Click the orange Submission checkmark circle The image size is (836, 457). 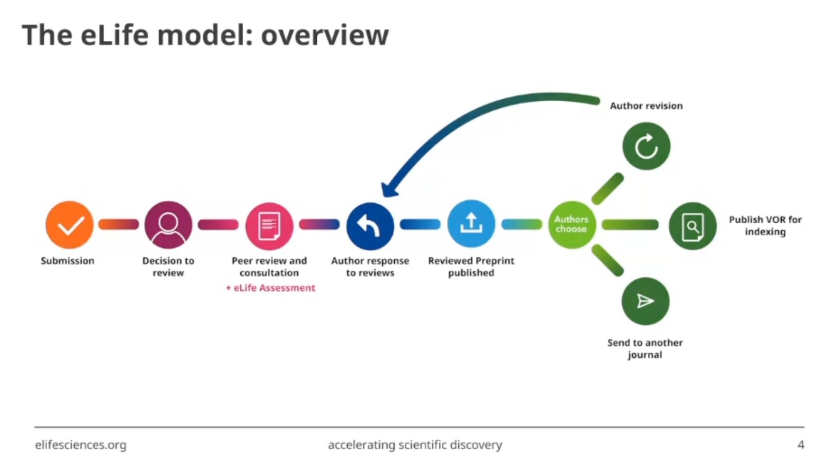click(x=69, y=225)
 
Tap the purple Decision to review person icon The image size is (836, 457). click(x=168, y=225)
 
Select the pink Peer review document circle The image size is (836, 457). click(x=269, y=226)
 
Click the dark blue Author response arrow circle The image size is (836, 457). click(x=370, y=226)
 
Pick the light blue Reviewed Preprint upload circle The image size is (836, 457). click(x=471, y=224)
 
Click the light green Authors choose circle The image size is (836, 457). click(x=571, y=224)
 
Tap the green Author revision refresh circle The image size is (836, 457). click(x=646, y=146)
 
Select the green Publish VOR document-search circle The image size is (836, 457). click(x=692, y=226)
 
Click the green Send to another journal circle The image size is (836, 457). click(x=645, y=301)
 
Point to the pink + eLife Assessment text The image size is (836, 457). click(x=271, y=288)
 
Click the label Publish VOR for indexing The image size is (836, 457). click(x=765, y=226)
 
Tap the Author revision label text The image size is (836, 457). click(x=646, y=106)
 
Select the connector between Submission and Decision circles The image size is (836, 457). click(x=119, y=224)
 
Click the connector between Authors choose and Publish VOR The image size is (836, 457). click(x=630, y=224)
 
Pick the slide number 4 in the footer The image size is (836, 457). click(x=800, y=444)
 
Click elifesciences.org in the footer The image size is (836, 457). click(x=81, y=445)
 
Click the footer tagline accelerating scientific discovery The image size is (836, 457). click(x=415, y=445)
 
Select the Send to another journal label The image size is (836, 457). click(x=645, y=348)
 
